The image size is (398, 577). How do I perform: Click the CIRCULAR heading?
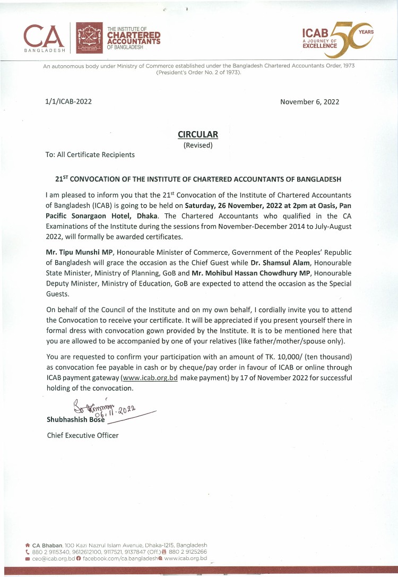(198, 134)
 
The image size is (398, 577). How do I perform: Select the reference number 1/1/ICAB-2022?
(68, 102)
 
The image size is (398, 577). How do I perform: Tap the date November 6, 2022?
(309, 102)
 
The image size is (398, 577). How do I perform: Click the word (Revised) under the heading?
(198, 145)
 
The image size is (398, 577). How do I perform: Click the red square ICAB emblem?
(90, 39)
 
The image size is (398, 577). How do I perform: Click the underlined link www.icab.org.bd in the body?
(150, 378)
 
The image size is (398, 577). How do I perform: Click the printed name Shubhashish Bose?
(76, 419)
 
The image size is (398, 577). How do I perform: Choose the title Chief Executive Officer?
(82, 436)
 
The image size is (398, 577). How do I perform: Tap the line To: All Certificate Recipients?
(90, 155)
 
